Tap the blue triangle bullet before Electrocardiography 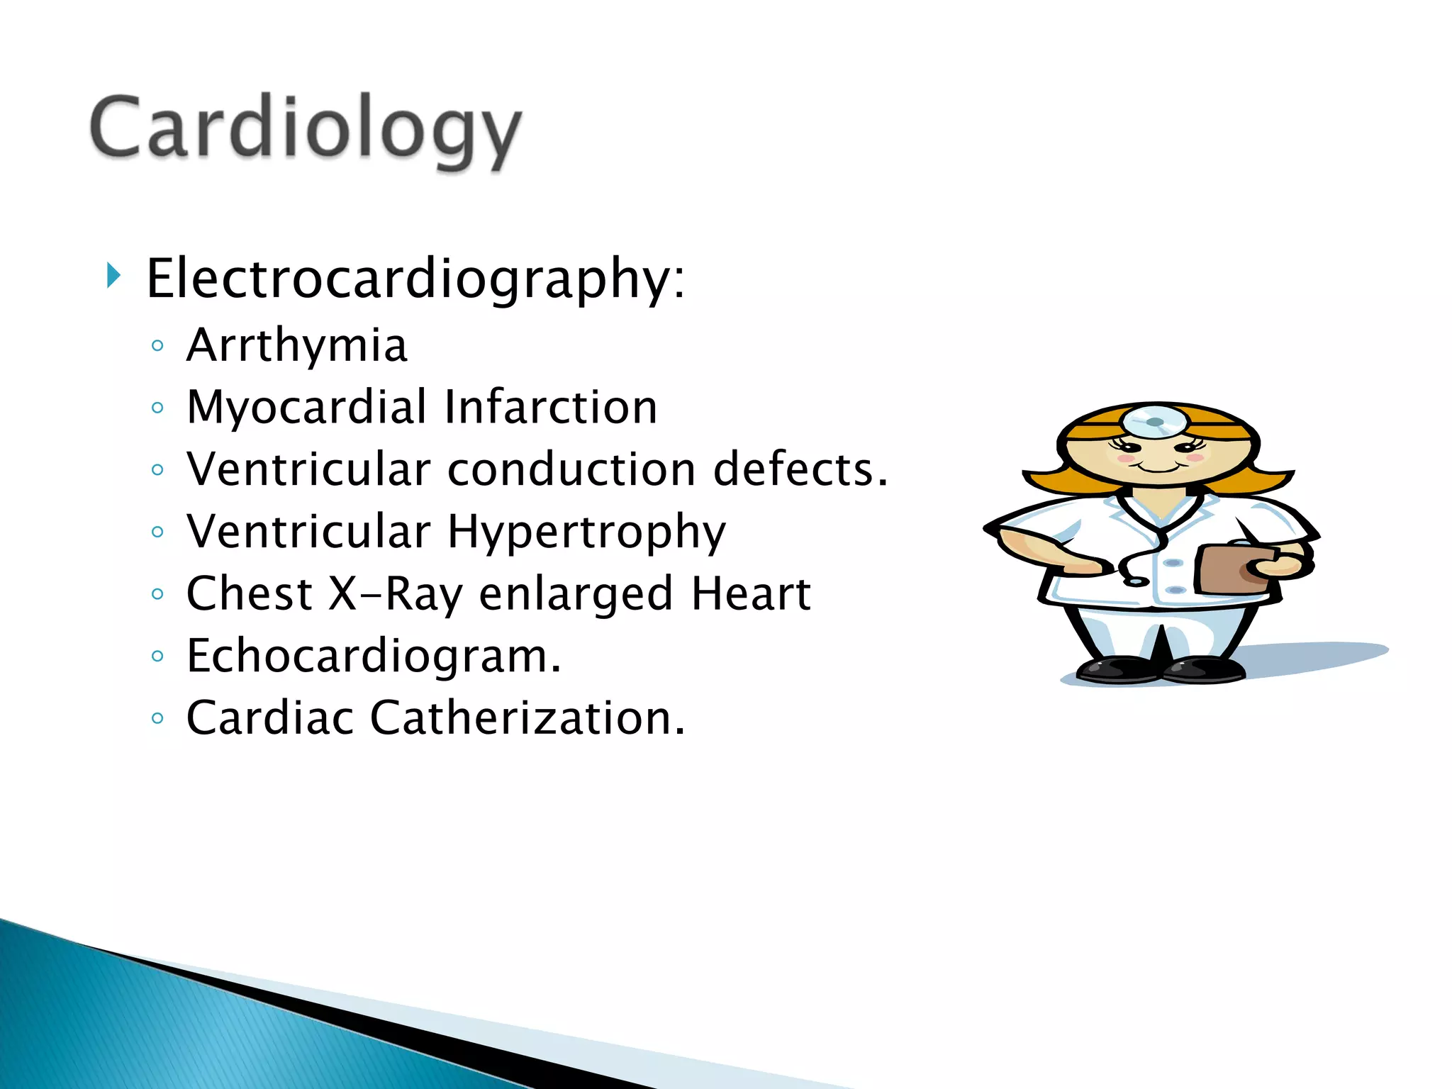[113, 275]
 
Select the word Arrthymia [296, 346]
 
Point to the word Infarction [551, 408]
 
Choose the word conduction [571, 469]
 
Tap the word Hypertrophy [586, 532]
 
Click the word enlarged [575, 594]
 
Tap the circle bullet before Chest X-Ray [157, 594]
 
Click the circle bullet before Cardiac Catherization [157, 718]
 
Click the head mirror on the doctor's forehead [1154, 423]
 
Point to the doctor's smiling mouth [1156, 468]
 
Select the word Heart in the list [751, 594]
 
